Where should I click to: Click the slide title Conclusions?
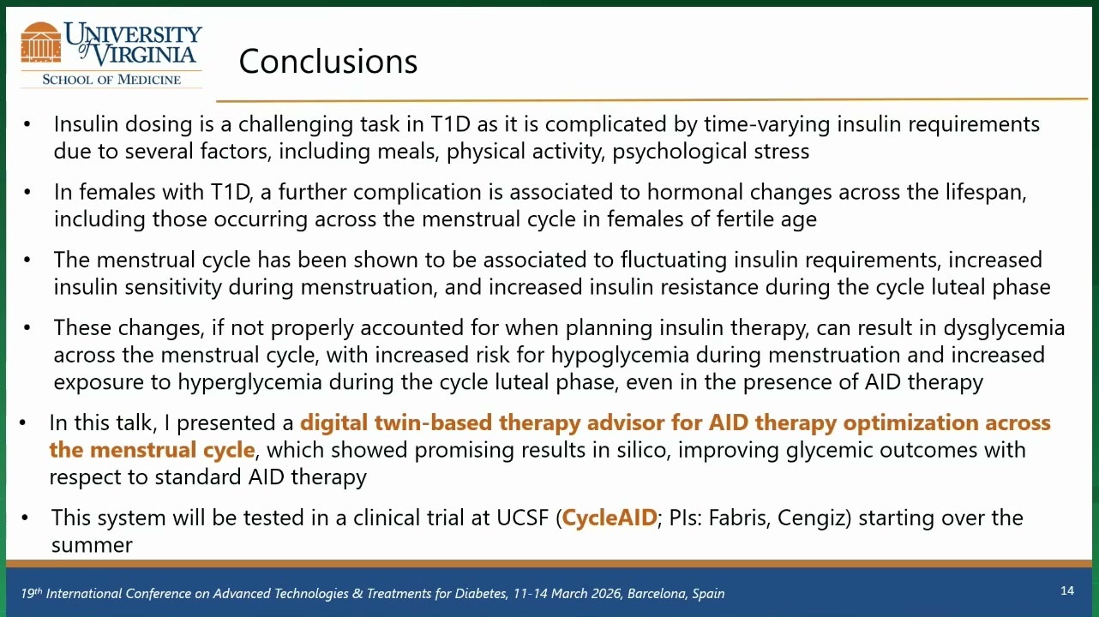pos(327,62)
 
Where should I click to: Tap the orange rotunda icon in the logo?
pos(41,42)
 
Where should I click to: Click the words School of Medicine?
pos(111,80)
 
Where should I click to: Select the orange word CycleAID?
pos(609,518)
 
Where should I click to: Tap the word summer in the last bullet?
pos(92,545)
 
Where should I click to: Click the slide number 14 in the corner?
pos(1067,590)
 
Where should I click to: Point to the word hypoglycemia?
pos(620,356)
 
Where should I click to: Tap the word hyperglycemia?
pos(249,382)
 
